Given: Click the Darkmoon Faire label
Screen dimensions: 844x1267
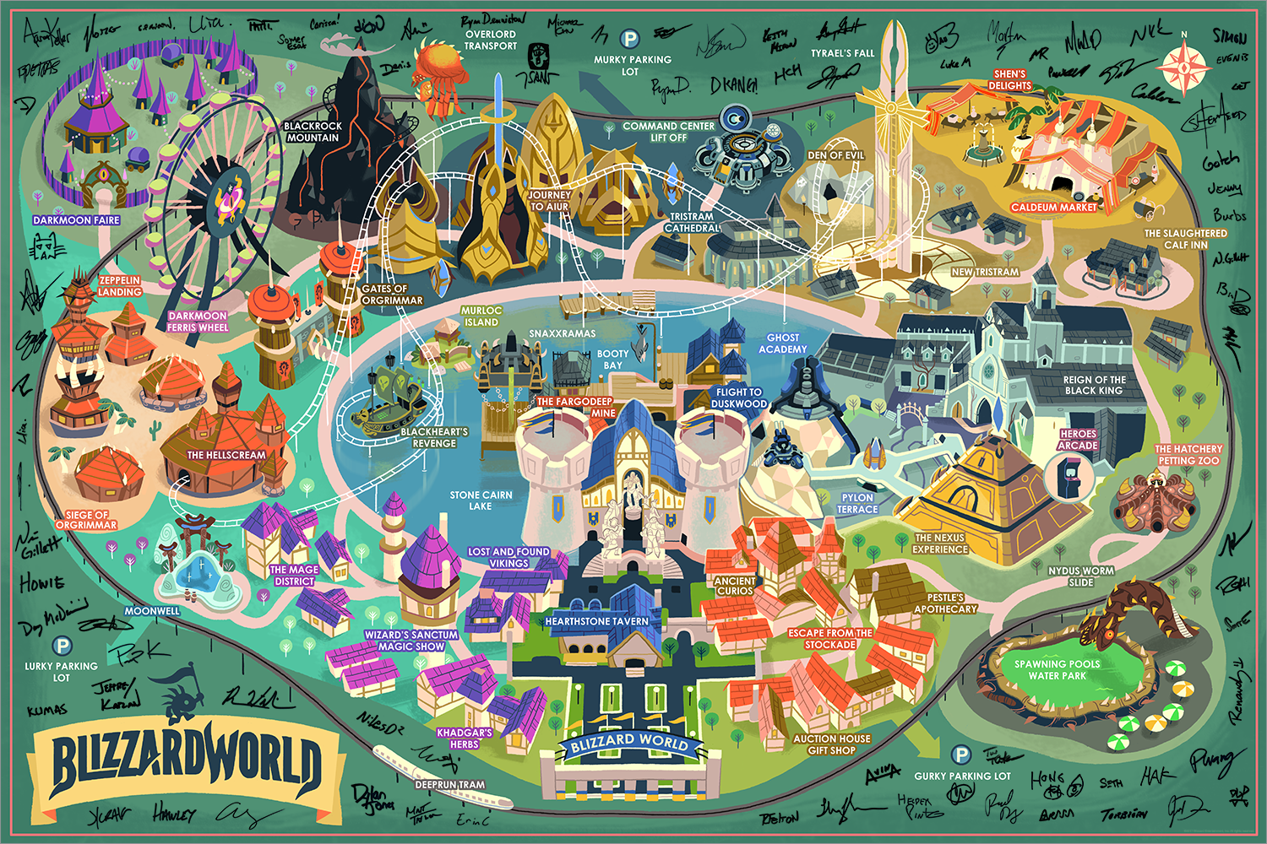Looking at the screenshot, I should point(77,220).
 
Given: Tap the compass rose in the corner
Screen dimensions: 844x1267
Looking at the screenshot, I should point(1184,67).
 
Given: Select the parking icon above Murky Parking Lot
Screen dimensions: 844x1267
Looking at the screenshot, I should point(629,39).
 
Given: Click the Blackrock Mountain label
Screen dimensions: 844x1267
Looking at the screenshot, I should point(313,132).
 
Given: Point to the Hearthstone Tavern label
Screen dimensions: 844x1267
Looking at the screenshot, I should point(596,621).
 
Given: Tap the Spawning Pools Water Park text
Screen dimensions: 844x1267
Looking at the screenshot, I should point(1057,670).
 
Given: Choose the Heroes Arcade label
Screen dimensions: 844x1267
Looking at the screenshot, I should point(1078,440).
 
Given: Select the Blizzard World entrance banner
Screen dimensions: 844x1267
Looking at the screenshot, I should point(629,744).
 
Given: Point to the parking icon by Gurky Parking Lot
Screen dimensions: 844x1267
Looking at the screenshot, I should point(960,755).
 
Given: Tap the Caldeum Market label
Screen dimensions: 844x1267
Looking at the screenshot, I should point(1054,207).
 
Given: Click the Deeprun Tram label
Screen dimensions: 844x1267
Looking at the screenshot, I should point(450,784).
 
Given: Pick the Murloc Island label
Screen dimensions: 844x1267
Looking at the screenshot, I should point(481,316).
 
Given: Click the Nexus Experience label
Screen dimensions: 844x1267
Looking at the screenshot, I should point(940,544).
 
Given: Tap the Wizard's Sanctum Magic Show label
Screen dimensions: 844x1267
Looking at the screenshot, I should point(411,641).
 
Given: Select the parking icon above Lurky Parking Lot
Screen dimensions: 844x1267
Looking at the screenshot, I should point(62,647).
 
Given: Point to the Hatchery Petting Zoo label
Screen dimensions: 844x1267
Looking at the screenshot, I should point(1188,455).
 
